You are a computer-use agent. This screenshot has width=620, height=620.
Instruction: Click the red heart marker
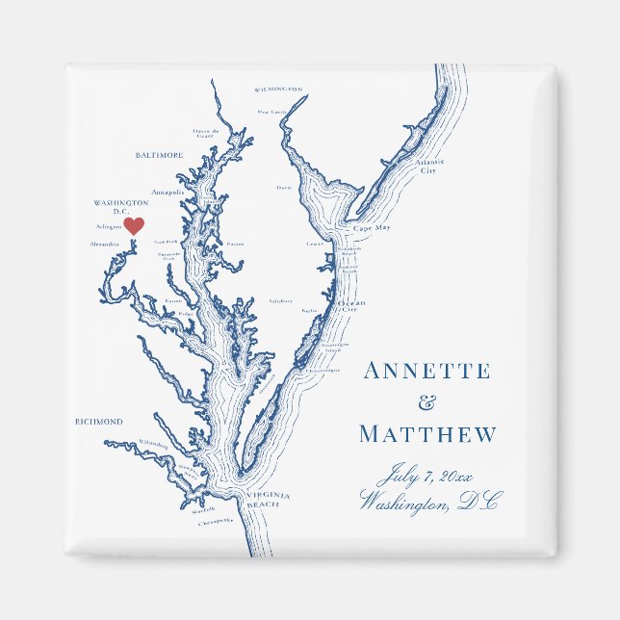pos(135,225)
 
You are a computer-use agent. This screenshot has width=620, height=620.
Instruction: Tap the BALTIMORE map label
pos(160,155)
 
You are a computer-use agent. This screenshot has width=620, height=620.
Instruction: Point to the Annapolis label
pos(168,193)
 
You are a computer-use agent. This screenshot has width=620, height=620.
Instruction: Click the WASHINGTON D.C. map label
pos(120,207)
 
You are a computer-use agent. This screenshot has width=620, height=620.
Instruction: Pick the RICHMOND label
pos(99,422)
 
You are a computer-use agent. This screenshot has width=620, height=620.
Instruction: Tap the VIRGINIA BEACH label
pos(263,500)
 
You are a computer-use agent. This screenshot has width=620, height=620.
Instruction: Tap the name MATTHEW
pos(428,435)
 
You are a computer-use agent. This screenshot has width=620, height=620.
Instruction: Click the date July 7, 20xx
pos(426,475)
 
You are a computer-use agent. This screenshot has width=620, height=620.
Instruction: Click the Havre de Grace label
pos(206,133)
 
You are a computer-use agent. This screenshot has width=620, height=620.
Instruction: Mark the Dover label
pos(283,188)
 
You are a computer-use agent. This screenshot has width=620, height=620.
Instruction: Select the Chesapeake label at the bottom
pos(217,521)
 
